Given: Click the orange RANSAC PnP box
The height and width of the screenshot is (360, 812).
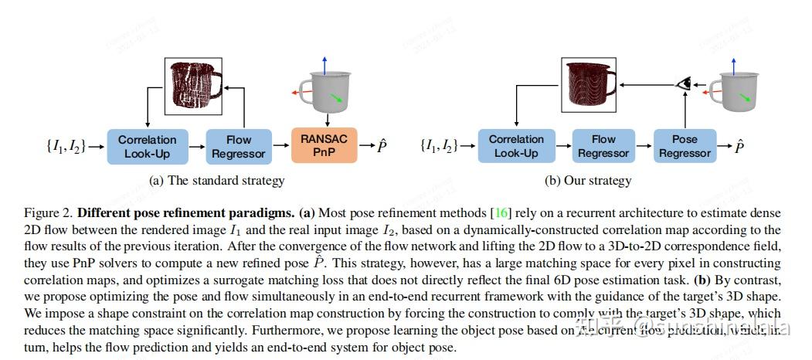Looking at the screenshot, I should (x=324, y=146).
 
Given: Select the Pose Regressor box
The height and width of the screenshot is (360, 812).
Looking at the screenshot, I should (x=685, y=146).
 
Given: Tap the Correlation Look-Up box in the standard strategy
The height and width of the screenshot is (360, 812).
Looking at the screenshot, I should (x=148, y=146).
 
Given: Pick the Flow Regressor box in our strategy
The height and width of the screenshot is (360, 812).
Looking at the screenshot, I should (x=603, y=146).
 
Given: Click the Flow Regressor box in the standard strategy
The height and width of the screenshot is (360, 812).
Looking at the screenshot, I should (x=239, y=146).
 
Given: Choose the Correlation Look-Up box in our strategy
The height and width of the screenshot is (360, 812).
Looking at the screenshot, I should (x=516, y=146).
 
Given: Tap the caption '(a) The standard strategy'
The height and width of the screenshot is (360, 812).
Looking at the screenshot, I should (x=216, y=181).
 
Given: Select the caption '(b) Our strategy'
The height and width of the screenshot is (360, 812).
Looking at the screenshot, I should (x=588, y=181).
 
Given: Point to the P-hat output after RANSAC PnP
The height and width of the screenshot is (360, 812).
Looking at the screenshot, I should (x=382, y=146).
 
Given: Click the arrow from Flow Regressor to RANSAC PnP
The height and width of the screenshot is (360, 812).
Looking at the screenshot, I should (x=281, y=146).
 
